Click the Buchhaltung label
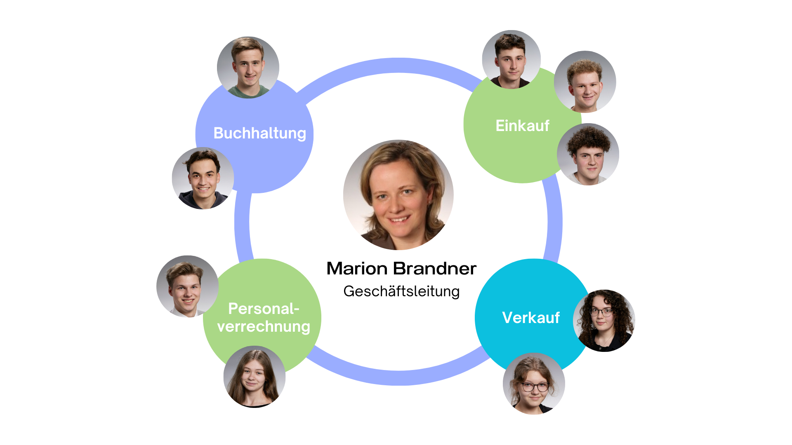[x=259, y=133]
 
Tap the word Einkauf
[x=522, y=126]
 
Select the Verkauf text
[x=531, y=318]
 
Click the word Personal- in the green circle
[x=264, y=309]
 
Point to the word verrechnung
[x=264, y=327]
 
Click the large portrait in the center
[x=398, y=195]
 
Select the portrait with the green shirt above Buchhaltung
[x=248, y=67]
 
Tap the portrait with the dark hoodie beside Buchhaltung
[x=203, y=178]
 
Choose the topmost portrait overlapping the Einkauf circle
[x=511, y=59]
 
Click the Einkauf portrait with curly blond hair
[x=585, y=82]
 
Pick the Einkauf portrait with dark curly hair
[x=588, y=154]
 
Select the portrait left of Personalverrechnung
[x=187, y=286]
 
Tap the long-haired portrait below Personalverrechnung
[x=254, y=376]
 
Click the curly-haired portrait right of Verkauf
[x=604, y=320]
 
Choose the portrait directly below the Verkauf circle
[x=534, y=384]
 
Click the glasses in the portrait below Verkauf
[x=535, y=387]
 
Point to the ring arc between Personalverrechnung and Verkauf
[x=396, y=377]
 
